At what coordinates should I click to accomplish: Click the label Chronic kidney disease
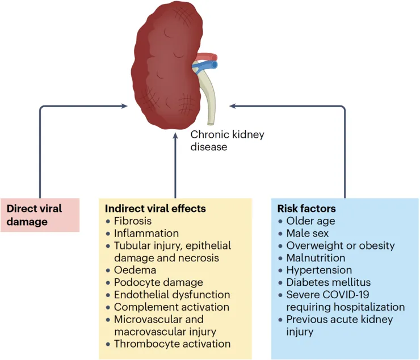coord(227,141)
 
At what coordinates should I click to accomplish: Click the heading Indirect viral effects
coord(152,209)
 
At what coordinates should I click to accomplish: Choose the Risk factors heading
coord(306,209)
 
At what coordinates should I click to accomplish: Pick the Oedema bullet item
coord(133,270)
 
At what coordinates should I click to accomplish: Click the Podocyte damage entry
coord(158,282)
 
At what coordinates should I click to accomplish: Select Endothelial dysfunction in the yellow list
coord(172,295)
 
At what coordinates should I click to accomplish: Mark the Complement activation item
coord(171,307)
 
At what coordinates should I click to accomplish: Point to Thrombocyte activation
coord(172,344)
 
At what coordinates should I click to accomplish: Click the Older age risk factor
coord(310,221)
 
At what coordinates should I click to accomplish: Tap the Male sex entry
coord(308,234)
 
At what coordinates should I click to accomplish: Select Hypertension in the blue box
coord(319,270)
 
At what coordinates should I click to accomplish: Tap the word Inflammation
coord(146,233)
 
